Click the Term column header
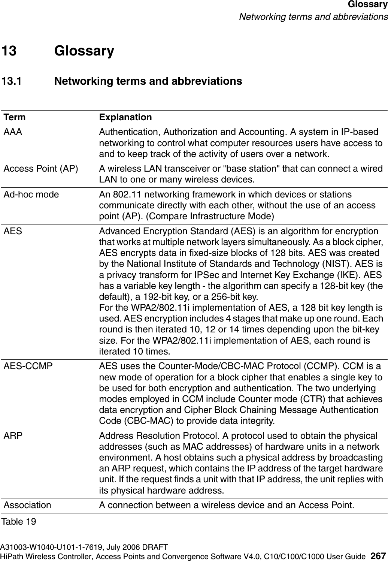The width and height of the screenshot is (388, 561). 15,117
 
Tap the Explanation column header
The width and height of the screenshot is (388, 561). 125,117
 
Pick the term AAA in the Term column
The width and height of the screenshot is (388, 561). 13,132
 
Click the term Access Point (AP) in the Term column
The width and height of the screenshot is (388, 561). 41,169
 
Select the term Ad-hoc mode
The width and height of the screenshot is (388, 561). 31,195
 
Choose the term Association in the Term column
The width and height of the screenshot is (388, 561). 27,505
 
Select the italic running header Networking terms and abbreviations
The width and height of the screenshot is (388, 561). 313,17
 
